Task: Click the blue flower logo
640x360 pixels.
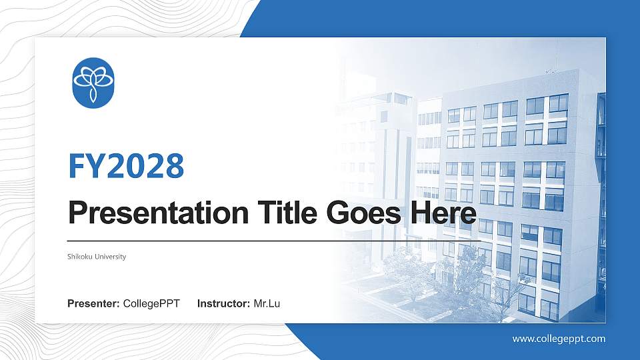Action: pos(93,83)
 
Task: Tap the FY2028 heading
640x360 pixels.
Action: pos(126,166)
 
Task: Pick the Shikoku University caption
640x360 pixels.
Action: pos(97,257)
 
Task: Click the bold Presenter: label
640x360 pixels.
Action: pos(93,304)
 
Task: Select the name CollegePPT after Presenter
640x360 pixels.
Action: pos(151,304)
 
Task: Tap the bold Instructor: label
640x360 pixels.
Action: pos(224,304)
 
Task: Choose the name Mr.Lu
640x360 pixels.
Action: pos(267,304)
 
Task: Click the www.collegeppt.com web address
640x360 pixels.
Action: pos(559,339)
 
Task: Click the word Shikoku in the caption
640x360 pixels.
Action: pos(81,257)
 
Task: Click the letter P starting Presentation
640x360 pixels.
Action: pos(79,213)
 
